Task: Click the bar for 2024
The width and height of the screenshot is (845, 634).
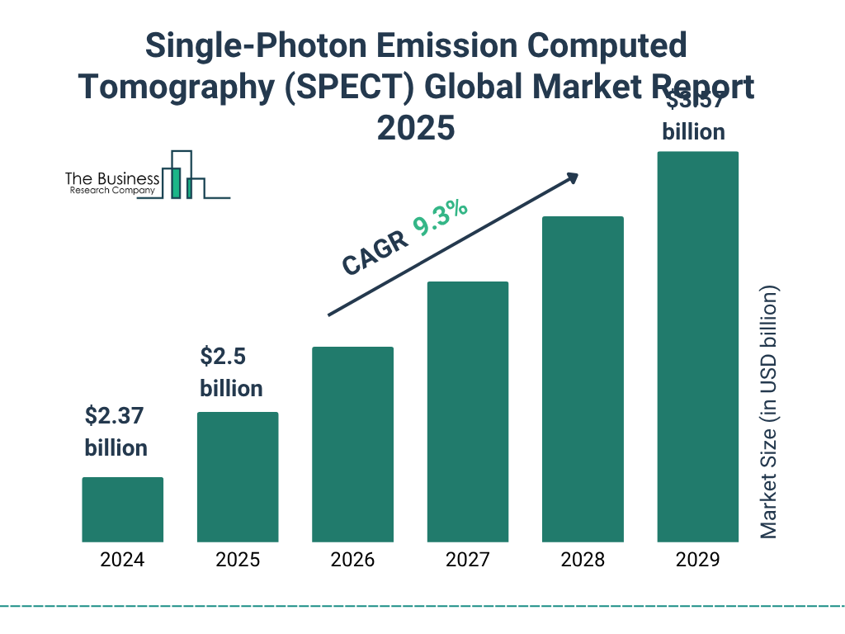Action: click(x=122, y=509)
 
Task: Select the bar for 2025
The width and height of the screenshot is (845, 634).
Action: click(x=238, y=477)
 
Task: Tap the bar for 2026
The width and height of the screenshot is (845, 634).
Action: click(x=352, y=444)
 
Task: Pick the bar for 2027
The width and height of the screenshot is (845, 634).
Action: click(x=467, y=412)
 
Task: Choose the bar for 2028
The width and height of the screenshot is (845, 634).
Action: click(x=583, y=379)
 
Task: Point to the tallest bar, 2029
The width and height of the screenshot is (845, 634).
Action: click(x=697, y=347)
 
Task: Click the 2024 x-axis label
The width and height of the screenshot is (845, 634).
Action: click(x=122, y=561)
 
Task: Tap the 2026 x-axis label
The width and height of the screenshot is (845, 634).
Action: click(x=352, y=561)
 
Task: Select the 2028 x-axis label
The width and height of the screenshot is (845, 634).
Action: click(x=583, y=561)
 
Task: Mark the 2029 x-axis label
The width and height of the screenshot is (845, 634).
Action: click(x=697, y=561)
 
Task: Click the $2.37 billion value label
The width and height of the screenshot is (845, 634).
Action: click(x=116, y=432)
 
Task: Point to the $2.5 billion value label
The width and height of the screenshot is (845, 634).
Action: click(x=231, y=372)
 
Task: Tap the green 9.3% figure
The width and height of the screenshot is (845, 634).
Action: click(x=441, y=217)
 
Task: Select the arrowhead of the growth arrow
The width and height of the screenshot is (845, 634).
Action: click(x=571, y=177)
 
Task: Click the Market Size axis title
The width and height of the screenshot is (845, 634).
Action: click(x=769, y=413)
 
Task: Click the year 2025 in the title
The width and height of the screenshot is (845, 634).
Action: click(x=416, y=127)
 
